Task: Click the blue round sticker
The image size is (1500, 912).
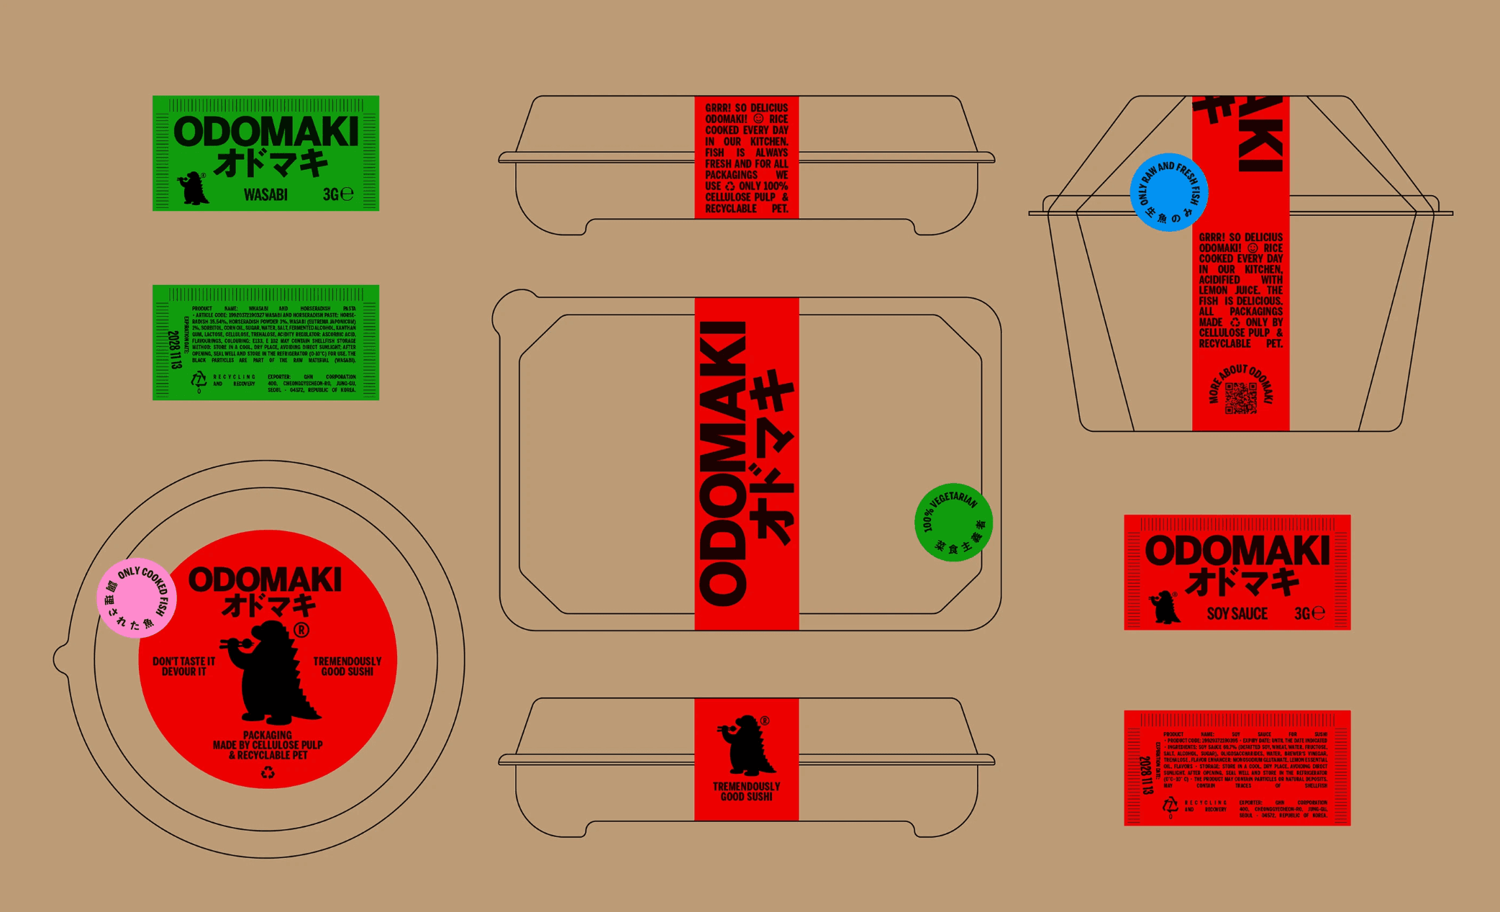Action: [x=1168, y=192]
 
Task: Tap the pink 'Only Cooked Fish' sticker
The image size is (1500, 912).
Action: [x=137, y=597]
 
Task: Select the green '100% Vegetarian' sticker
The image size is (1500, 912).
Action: [x=953, y=522]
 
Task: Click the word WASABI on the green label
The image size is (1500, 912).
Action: [x=265, y=195]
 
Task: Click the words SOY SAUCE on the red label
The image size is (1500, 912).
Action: [x=1237, y=614]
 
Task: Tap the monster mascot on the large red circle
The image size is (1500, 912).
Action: [x=273, y=673]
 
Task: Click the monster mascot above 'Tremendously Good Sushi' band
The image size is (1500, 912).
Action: [x=746, y=745]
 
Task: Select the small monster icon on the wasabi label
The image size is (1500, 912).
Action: [x=193, y=189]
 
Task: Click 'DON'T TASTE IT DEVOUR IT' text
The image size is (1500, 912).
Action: [x=183, y=667]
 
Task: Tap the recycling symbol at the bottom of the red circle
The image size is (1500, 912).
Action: [x=268, y=773]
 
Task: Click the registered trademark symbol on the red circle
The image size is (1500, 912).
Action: [x=301, y=631]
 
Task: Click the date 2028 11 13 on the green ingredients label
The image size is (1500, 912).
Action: [x=175, y=350]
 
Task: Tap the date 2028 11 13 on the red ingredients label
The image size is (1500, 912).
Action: [x=1146, y=775]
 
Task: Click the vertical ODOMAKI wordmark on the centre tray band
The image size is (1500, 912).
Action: [x=722, y=464]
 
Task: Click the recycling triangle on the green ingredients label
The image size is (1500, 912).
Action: [x=199, y=380]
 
